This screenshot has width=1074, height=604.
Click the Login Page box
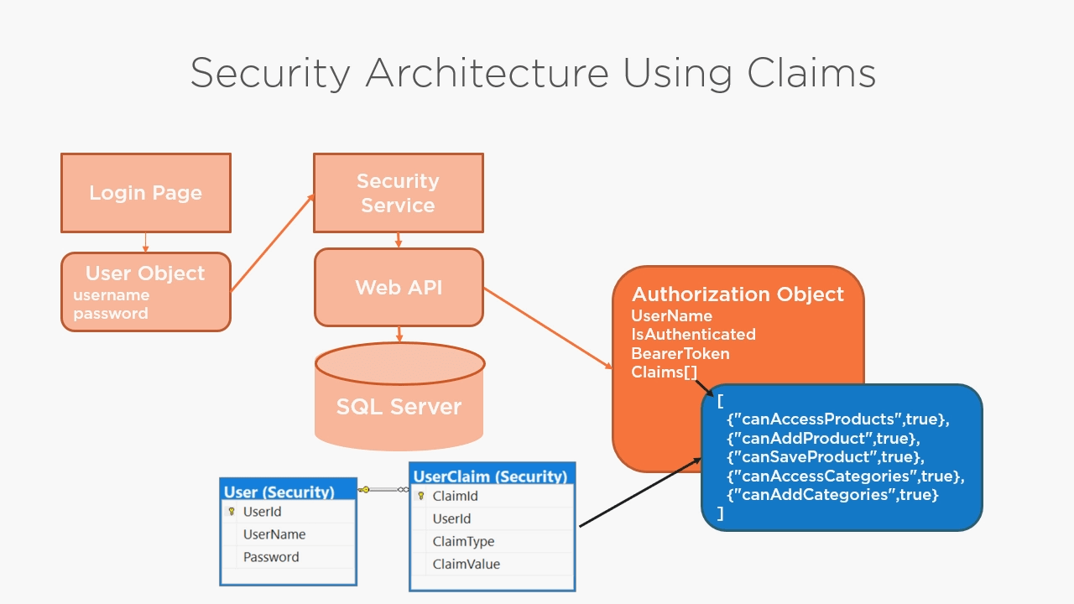coord(145,193)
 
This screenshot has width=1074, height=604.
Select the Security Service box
coord(398,193)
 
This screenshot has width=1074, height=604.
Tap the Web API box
coord(399,287)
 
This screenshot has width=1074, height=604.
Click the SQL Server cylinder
coord(399,406)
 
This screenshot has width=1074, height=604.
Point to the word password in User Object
coord(110,314)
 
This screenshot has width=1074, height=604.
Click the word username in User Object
coord(111,295)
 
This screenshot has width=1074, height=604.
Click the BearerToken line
coord(680,353)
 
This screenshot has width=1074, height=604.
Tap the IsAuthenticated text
coord(693,334)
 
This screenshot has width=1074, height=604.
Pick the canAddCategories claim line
coord(832,495)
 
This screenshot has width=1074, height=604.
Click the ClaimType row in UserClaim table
coord(463,541)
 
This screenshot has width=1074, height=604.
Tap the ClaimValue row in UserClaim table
coord(466,564)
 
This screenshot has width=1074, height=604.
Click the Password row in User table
coord(270,557)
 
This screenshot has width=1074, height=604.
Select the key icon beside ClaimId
coord(421,496)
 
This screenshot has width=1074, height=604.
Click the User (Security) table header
coord(279,492)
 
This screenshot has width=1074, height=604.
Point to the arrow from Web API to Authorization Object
coord(547,327)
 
